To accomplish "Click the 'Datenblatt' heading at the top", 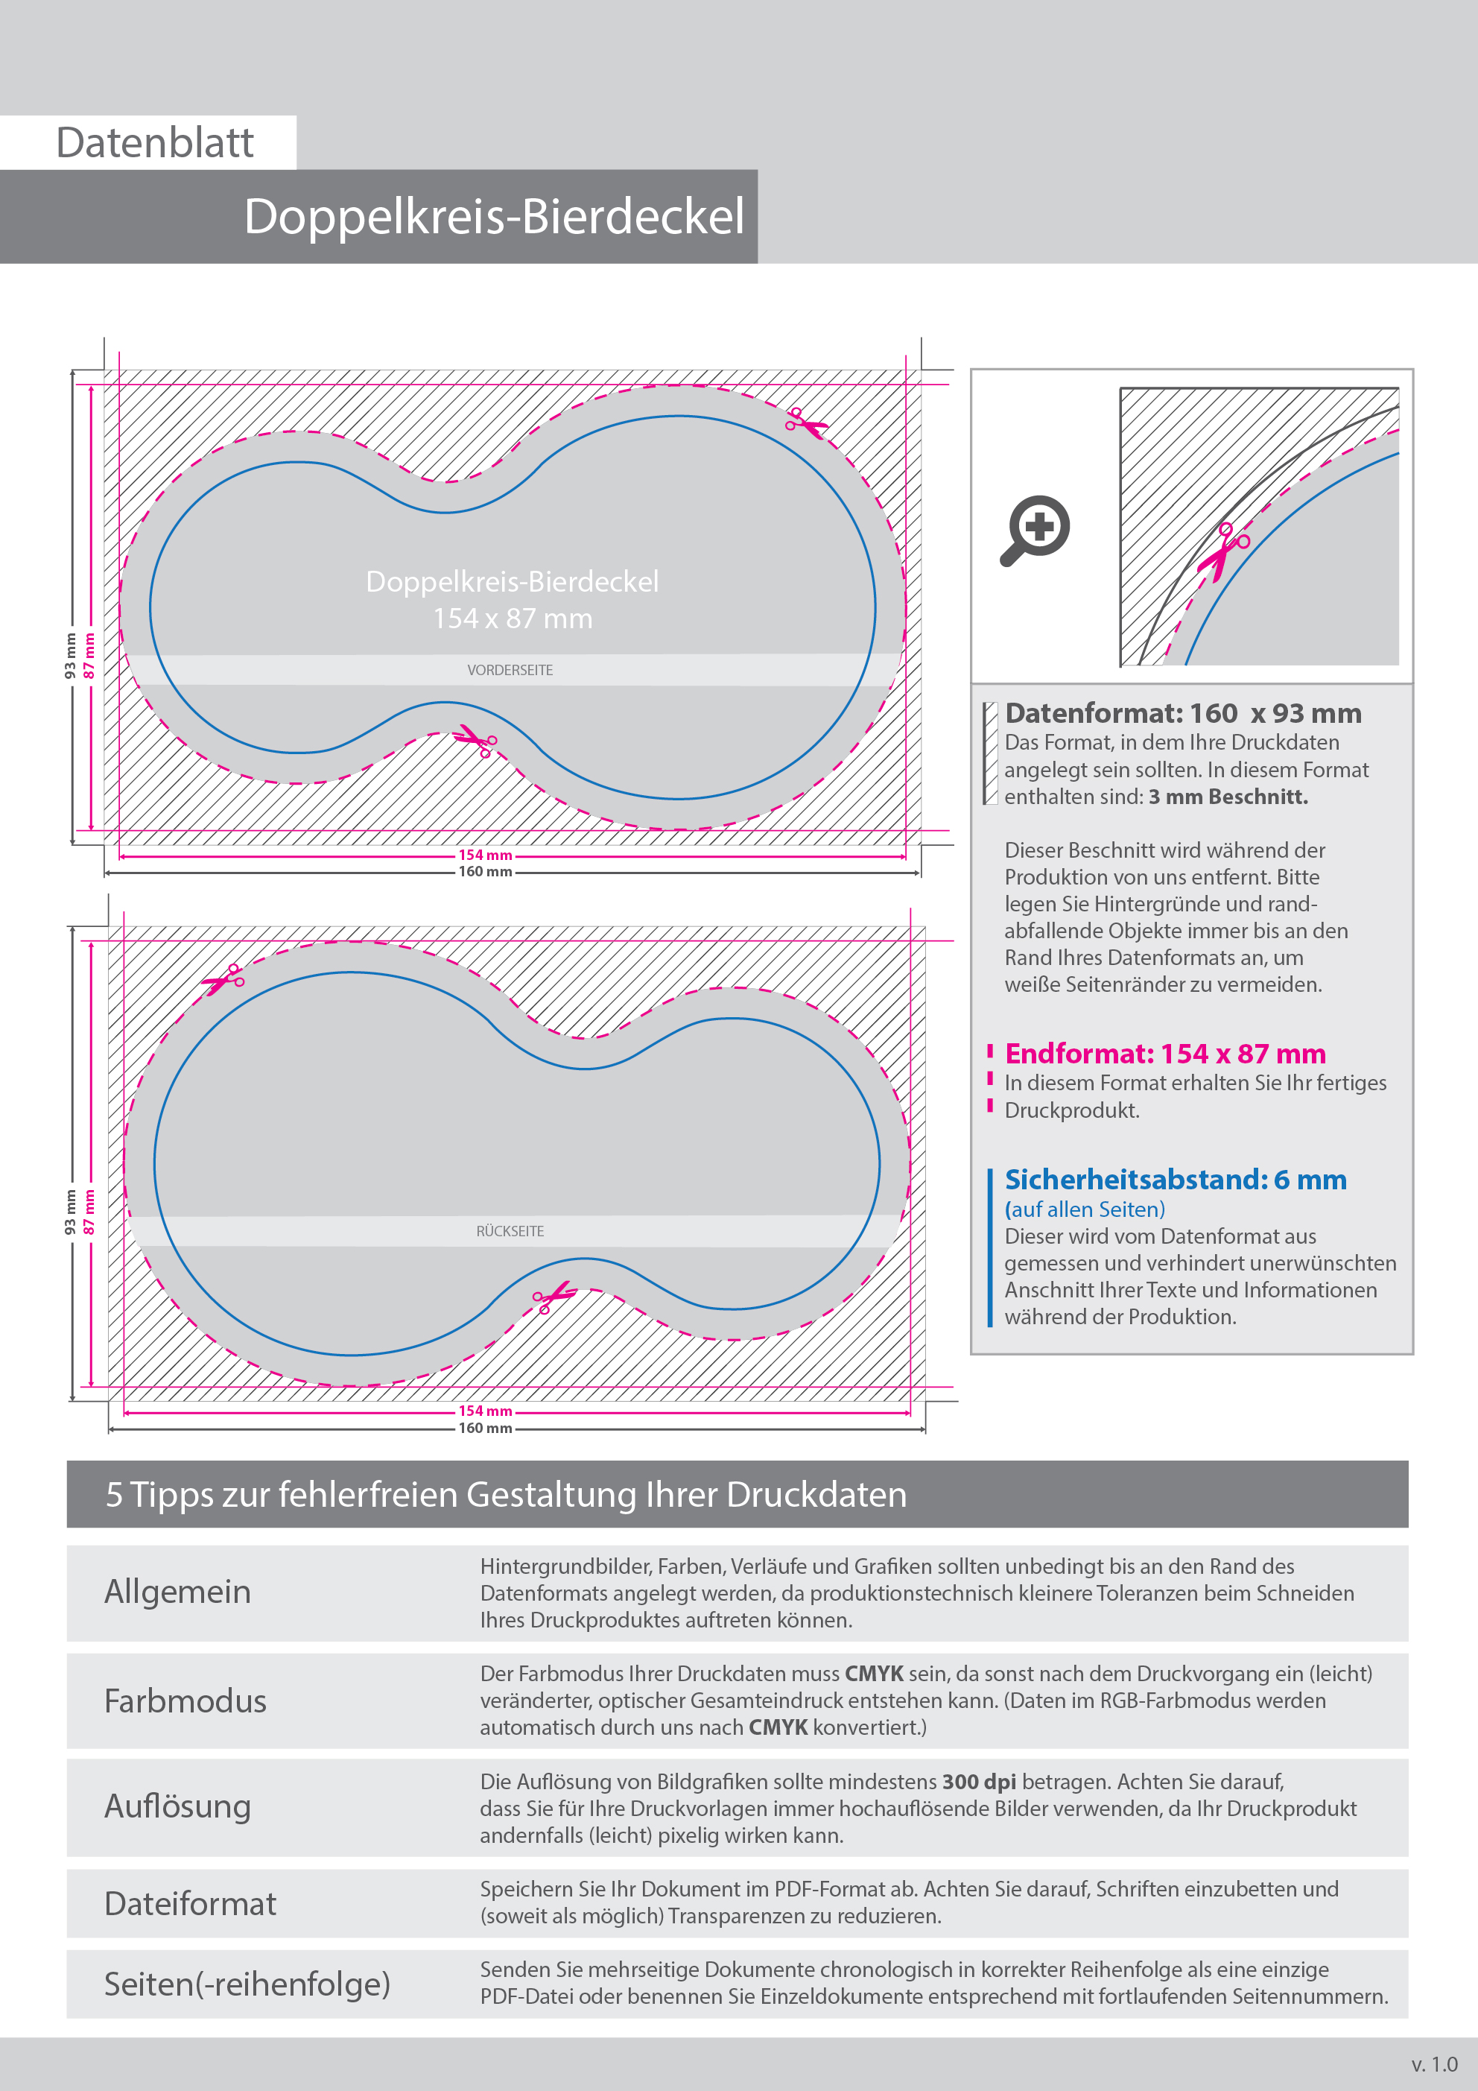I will (x=155, y=143).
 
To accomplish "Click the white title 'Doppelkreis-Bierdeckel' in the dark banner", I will (x=494, y=217).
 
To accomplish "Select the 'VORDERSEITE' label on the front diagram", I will (x=510, y=670).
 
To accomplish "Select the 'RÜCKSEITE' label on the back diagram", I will (x=510, y=1231).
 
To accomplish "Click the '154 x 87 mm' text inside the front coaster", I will (x=513, y=619).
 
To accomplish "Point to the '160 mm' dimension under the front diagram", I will (x=484, y=873).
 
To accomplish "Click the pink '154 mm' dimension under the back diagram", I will (x=484, y=1411).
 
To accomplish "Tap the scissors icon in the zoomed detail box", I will (x=1224, y=550).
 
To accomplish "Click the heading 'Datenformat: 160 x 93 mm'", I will (x=1183, y=713).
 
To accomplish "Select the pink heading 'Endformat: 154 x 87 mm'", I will (x=1164, y=1054).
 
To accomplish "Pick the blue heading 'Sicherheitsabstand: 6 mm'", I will (x=1175, y=1180).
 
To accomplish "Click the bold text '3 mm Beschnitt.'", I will (x=1228, y=797).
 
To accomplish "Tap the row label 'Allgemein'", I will (x=177, y=1592).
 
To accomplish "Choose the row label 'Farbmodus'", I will (x=185, y=1701).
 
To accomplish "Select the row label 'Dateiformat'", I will (x=189, y=1903).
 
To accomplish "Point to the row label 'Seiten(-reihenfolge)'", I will (x=247, y=1984).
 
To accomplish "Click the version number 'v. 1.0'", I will (x=1434, y=2063).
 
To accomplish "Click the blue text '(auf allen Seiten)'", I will (x=1085, y=1209).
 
